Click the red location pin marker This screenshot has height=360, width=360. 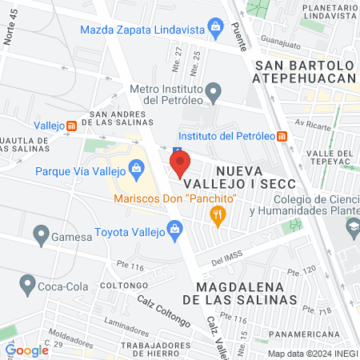(x=180, y=165)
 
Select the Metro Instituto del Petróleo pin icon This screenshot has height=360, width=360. (x=212, y=94)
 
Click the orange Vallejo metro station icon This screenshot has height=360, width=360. (x=72, y=126)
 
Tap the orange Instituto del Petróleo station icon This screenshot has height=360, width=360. (x=282, y=136)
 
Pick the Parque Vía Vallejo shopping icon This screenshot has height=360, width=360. (x=135, y=169)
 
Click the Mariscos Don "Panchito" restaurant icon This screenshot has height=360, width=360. (x=215, y=214)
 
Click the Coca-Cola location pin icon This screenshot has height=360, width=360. (x=28, y=284)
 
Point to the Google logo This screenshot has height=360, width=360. (x=26, y=350)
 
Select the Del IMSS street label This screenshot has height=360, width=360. (x=227, y=260)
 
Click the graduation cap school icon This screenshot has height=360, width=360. (x=352, y=226)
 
